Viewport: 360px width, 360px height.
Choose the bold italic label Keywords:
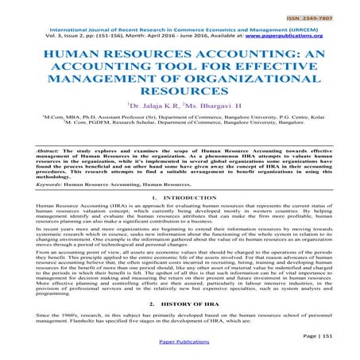click(x=40, y=184)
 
